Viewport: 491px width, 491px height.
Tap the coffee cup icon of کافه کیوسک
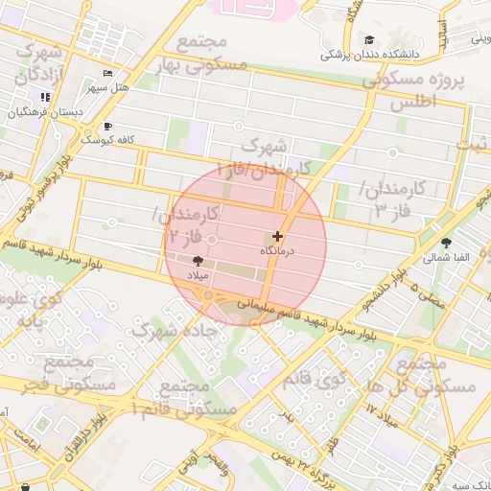tap(106, 126)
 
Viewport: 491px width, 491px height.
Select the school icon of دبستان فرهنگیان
tap(44, 97)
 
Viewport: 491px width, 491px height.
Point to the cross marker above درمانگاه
tap(278, 236)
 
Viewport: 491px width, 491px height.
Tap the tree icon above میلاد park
tap(198, 260)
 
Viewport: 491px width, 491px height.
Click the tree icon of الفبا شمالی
tap(445, 243)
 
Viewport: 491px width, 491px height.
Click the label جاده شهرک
tap(175, 329)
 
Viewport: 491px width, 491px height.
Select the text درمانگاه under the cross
tap(279, 251)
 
